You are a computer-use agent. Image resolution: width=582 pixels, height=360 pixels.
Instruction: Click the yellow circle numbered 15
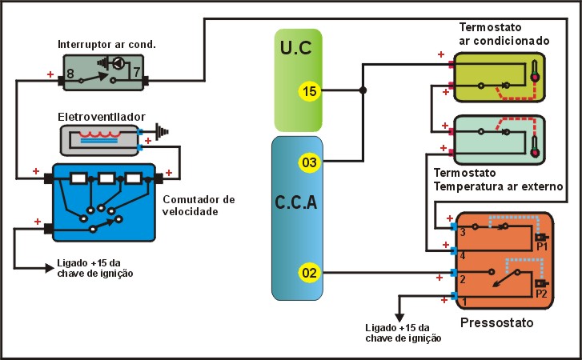click(310, 90)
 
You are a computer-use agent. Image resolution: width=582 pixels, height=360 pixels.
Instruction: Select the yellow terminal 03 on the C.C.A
click(310, 163)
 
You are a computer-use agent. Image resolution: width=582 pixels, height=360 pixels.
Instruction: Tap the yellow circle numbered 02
click(310, 273)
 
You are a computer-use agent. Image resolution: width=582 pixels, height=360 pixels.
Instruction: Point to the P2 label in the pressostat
click(542, 293)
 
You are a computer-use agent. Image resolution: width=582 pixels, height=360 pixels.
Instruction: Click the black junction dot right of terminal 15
click(363, 90)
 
